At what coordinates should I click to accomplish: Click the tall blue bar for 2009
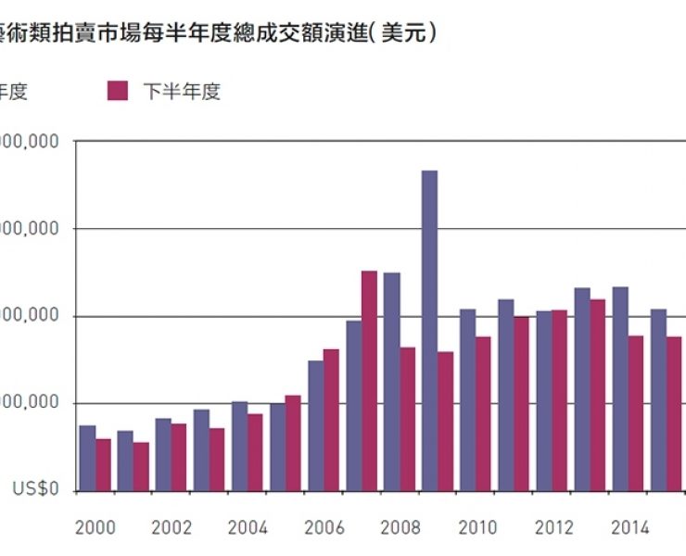click(429, 331)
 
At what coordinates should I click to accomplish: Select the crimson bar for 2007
click(369, 381)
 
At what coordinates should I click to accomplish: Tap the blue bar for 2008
click(391, 382)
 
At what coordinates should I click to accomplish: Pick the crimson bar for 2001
click(141, 467)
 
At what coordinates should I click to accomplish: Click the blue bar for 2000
click(87, 458)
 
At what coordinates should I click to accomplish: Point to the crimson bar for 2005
click(293, 443)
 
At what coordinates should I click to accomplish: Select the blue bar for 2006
click(315, 425)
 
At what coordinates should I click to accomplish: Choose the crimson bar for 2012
click(560, 400)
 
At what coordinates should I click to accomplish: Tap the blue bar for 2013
click(581, 389)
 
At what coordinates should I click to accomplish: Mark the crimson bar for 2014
click(636, 413)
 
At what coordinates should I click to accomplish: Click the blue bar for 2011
click(505, 395)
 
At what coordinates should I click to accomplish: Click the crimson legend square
click(118, 90)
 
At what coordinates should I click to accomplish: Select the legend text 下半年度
click(182, 91)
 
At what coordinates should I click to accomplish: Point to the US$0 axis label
click(37, 490)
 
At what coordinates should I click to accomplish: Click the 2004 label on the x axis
click(248, 528)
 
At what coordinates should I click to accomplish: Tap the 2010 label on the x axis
click(476, 528)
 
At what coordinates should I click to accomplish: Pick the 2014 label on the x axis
click(629, 528)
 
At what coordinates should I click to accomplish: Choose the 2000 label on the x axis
click(95, 528)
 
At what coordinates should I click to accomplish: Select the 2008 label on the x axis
click(400, 528)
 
